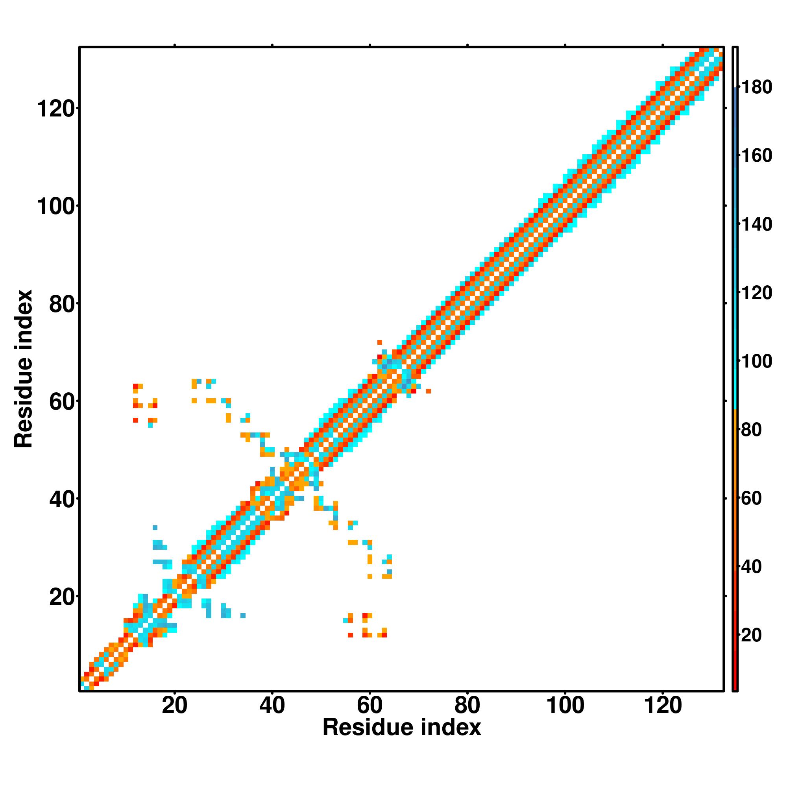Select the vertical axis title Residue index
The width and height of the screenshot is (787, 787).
point(24,369)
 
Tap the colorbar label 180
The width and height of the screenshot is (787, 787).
point(756,88)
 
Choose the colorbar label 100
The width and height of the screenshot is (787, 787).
point(756,362)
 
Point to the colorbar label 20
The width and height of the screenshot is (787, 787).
point(751,636)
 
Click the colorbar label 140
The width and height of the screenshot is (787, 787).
point(756,224)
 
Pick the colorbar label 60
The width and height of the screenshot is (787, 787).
point(751,499)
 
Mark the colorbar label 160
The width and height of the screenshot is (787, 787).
point(756,156)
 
